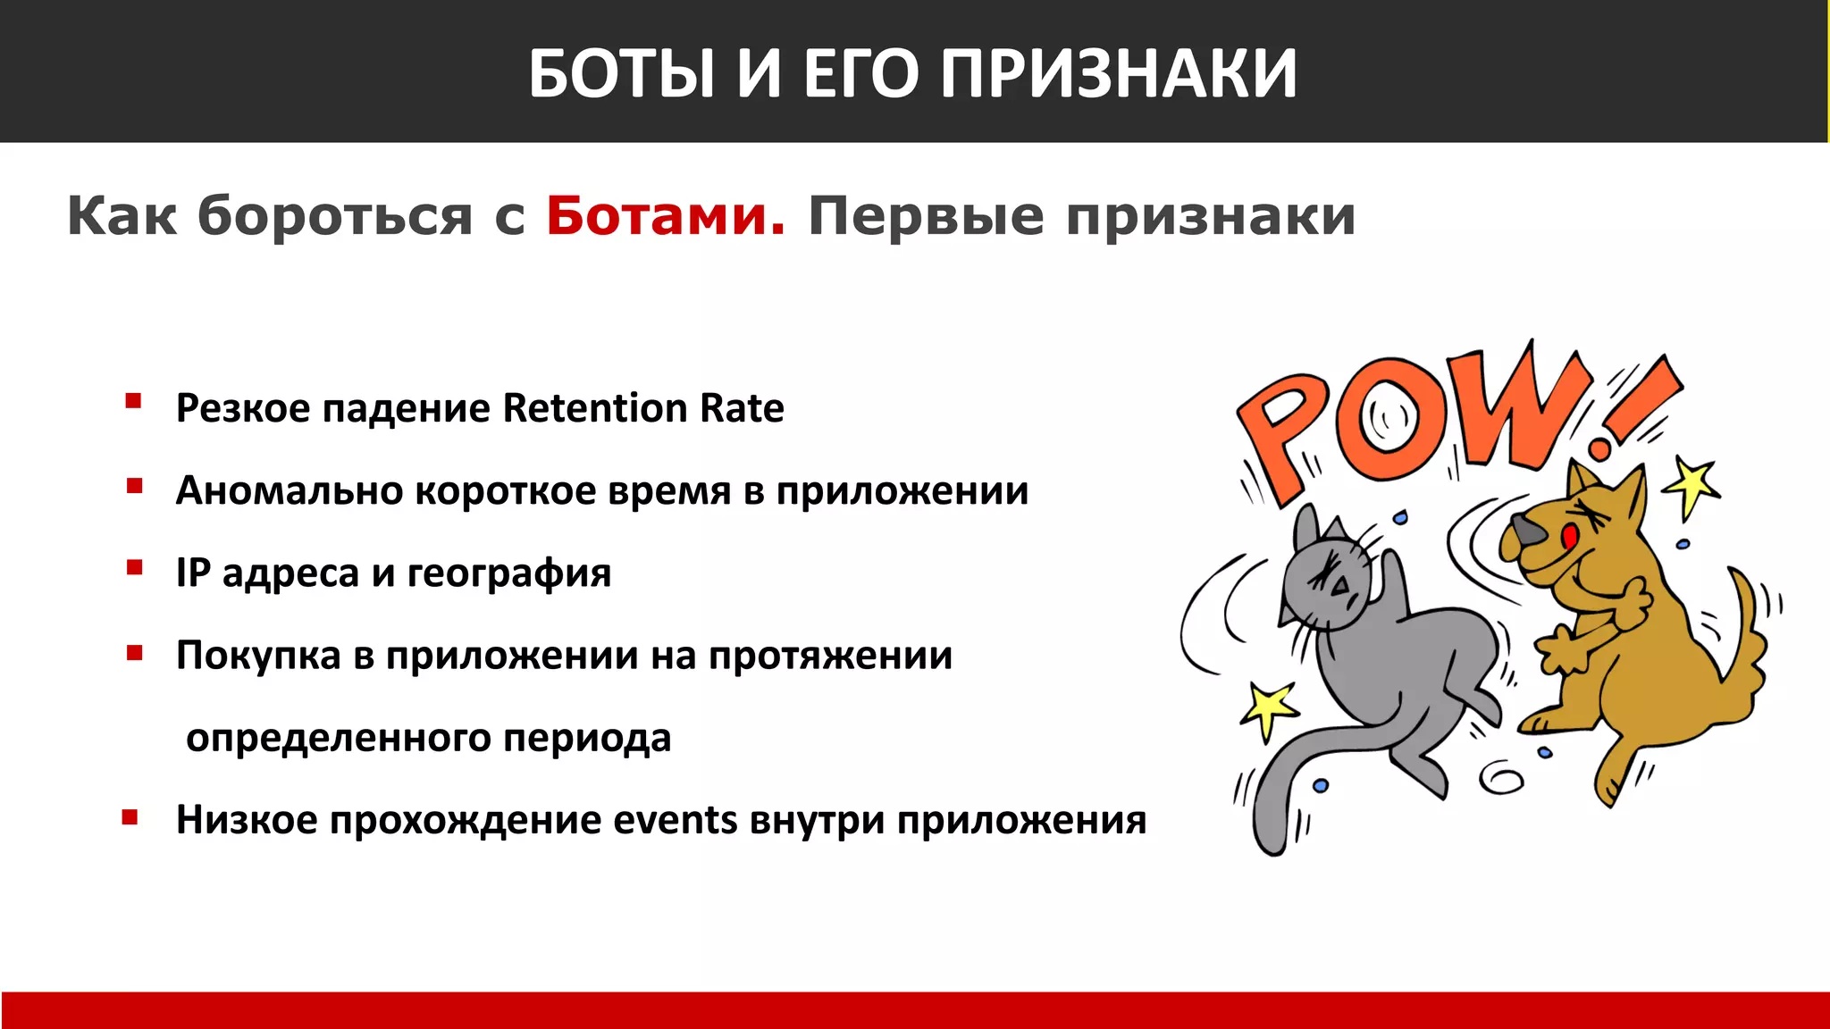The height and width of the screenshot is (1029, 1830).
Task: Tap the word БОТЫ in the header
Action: pos(622,73)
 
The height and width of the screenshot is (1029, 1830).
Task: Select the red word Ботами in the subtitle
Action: pos(666,216)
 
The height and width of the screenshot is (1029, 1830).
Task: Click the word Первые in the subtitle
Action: pos(926,216)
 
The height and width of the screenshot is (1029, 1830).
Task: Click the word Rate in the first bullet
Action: pos(742,408)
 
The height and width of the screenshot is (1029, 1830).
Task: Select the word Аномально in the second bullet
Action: pos(290,490)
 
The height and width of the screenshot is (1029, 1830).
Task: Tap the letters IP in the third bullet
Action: pos(193,573)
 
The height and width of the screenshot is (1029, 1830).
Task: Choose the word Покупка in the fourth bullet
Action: pos(258,656)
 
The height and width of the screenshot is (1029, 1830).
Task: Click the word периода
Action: pos(586,739)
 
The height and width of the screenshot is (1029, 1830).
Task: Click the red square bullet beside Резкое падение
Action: pos(133,402)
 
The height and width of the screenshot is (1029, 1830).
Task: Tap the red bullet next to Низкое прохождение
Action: pos(130,816)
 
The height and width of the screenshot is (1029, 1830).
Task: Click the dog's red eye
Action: pos(1570,536)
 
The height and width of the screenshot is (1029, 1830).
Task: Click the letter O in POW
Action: pos(1388,418)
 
